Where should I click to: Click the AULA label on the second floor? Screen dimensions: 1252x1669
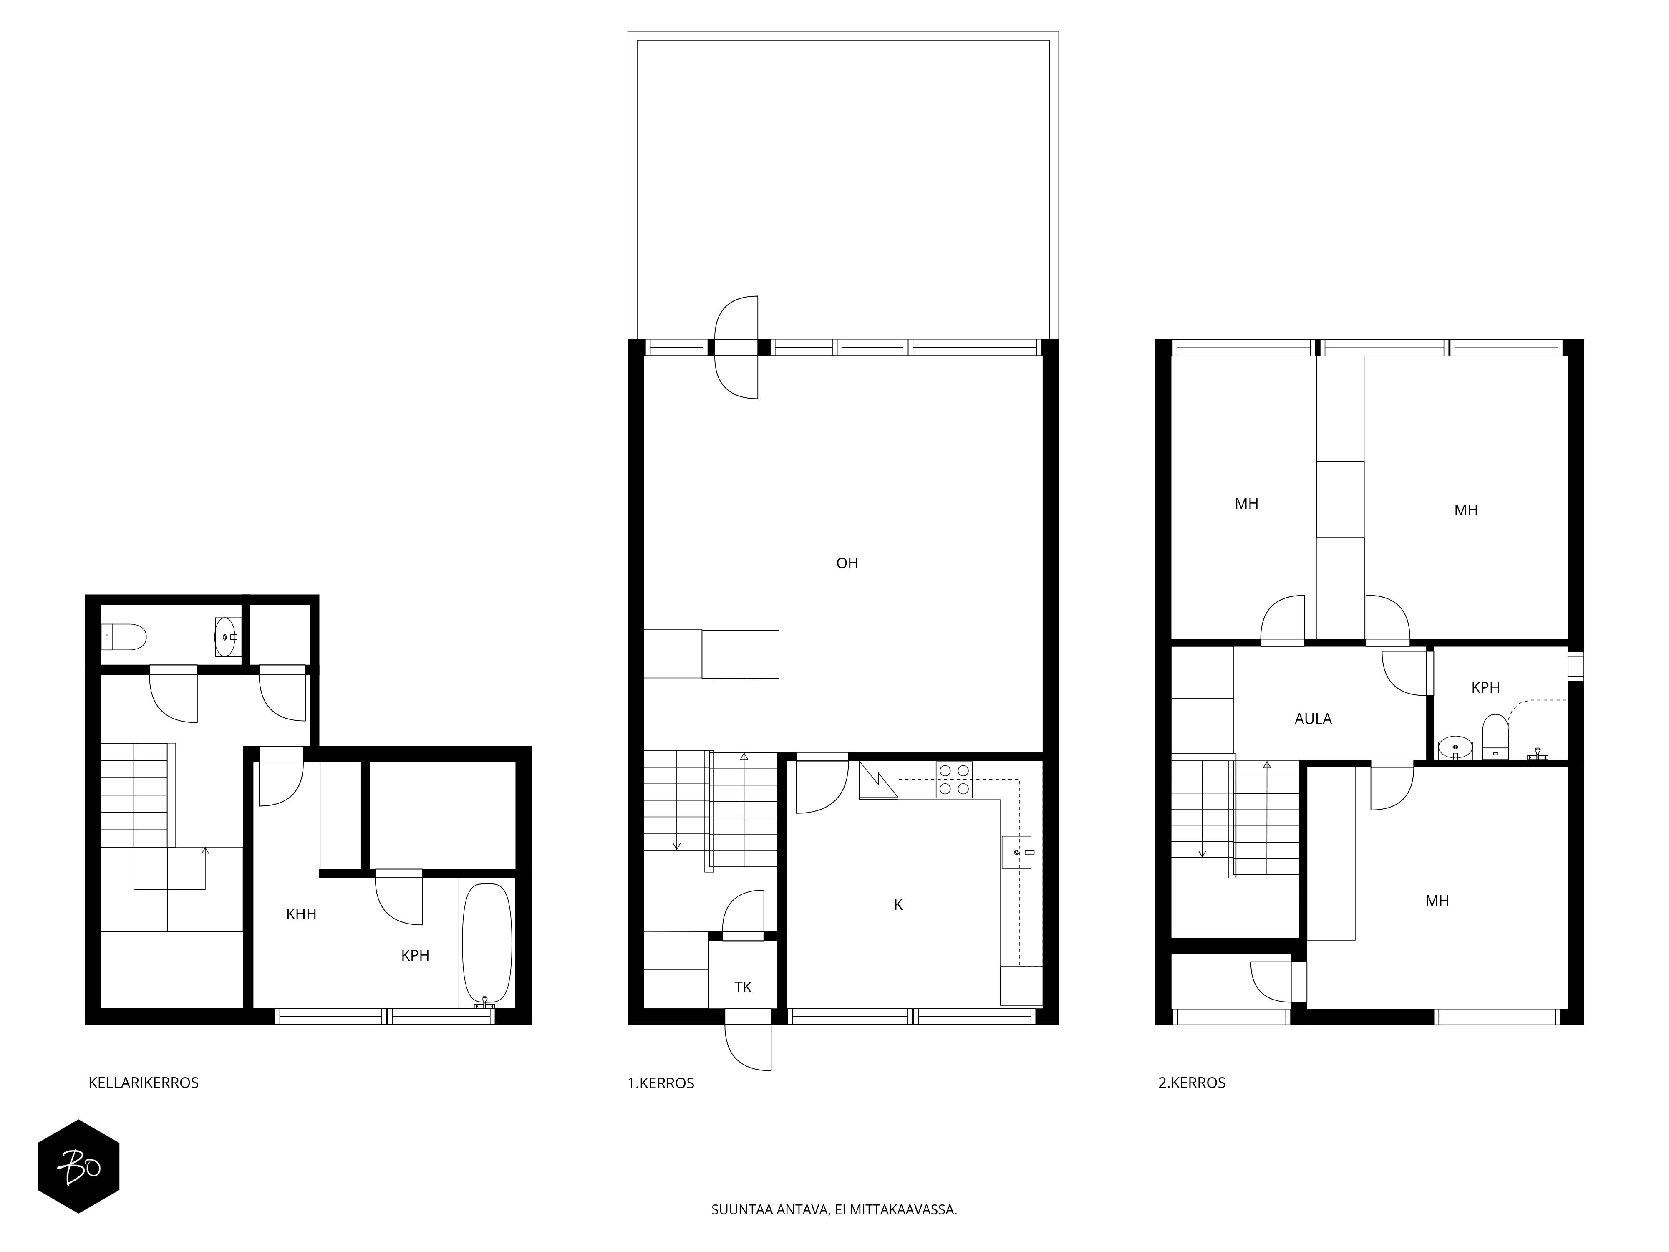1313,719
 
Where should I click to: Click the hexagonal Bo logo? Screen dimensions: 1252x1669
78,1166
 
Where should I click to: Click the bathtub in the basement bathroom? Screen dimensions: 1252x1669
487,943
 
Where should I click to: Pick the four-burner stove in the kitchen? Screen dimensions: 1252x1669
954,780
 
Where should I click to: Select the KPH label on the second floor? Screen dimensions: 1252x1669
1485,687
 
